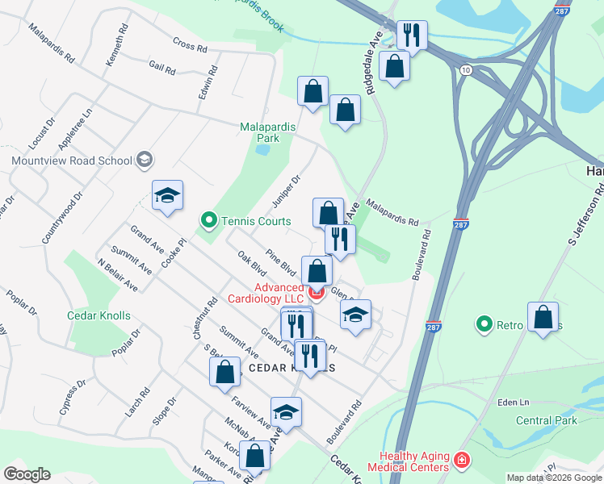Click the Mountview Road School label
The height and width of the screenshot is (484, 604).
72,160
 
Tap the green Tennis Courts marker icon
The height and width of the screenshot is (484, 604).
208,219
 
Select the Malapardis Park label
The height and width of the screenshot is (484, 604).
268,132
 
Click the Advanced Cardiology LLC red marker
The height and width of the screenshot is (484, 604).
316,292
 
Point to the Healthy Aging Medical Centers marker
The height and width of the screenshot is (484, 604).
461,461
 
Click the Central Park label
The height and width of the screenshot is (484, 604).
546,420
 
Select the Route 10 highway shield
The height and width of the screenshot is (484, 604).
466,71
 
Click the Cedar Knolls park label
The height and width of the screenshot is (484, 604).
99,315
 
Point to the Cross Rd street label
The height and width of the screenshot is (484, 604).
190,46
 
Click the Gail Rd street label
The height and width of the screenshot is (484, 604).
161,69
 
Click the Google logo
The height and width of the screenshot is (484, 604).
27,474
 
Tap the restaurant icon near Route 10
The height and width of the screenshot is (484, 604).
413,35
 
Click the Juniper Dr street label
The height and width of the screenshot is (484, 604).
290,190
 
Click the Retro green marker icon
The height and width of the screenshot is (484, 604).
484,324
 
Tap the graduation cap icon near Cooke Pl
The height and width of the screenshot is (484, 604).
167,195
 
